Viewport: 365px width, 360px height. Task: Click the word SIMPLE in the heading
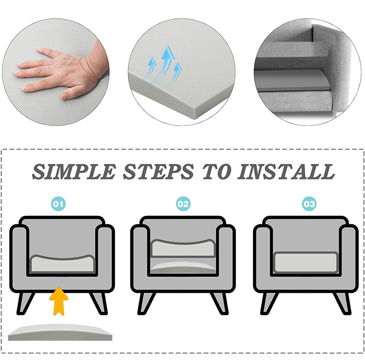[x=74, y=172]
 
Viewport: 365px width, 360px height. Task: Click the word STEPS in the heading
[x=159, y=172]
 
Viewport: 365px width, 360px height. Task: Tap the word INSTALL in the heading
[x=286, y=172]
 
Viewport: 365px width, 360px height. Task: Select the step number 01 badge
[x=58, y=204]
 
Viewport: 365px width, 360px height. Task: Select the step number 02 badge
[x=183, y=204]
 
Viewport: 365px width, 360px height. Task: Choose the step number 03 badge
[x=309, y=204]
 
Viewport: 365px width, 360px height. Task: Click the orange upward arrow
[x=59, y=301]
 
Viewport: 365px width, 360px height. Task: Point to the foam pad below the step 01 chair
[x=60, y=332]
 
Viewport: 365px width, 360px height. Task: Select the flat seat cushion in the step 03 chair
[x=306, y=262]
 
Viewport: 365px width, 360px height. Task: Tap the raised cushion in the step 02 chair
[x=183, y=248]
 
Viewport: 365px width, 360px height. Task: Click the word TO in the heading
[x=217, y=172]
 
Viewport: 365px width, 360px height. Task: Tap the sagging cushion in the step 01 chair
[x=62, y=264]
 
